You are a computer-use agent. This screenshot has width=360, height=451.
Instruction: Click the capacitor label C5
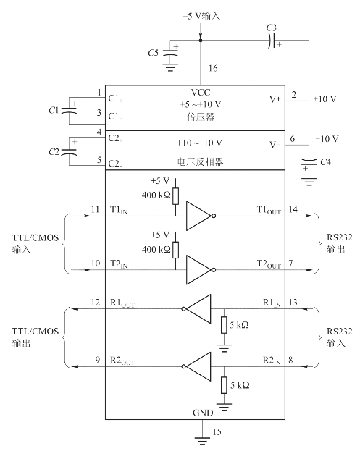tap(153, 53)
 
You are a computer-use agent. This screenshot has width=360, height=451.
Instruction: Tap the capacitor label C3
tap(271, 28)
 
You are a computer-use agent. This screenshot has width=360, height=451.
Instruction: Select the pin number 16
tap(213, 68)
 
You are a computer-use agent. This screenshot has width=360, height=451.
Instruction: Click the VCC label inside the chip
tap(201, 93)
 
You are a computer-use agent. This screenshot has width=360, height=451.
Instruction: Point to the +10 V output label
tap(325, 99)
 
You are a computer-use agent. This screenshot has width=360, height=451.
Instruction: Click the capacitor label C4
tap(325, 162)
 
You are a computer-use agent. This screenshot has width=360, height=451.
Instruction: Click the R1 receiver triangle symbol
tap(196, 309)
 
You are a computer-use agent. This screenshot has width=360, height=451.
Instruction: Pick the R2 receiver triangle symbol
tap(196, 366)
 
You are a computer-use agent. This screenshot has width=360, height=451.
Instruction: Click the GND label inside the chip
tap(203, 413)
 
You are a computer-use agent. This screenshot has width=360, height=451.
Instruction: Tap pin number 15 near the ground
tap(217, 431)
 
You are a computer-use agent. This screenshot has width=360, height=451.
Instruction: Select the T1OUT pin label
tap(269, 210)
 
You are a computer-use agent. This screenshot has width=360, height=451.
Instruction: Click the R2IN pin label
tap(272, 361)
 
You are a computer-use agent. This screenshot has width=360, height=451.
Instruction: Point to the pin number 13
tap(293, 303)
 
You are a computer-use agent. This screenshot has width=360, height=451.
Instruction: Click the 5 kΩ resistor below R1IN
tap(224, 325)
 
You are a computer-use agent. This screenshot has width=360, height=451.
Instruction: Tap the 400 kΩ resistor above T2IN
tap(175, 250)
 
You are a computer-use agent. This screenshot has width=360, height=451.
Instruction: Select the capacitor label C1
tap(54, 110)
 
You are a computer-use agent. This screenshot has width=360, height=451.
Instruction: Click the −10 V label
tap(327, 139)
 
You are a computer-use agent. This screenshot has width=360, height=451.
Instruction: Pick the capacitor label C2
tap(54, 151)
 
